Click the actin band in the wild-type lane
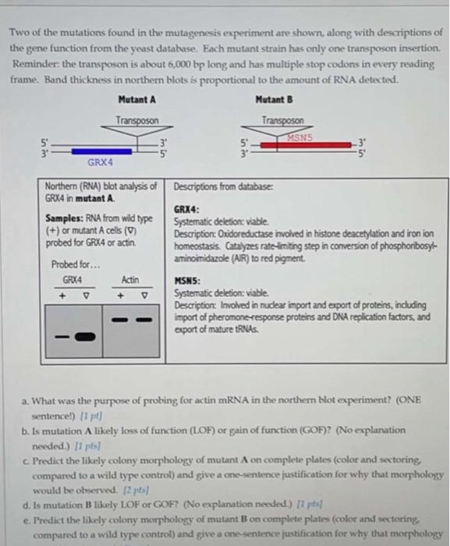click(x=119, y=320)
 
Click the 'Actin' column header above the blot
click(x=130, y=279)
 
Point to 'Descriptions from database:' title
click(x=219, y=186)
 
